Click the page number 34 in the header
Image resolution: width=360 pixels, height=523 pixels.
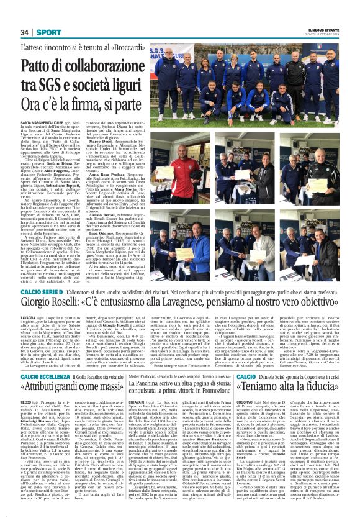click(25, 32)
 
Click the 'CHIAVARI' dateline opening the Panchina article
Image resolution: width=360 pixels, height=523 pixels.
click(138, 402)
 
